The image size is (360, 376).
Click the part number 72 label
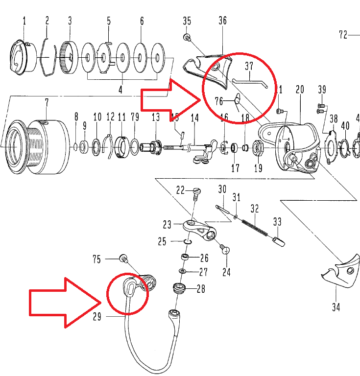(343, 35)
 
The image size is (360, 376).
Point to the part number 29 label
(96, 316)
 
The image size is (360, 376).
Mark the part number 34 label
(336, 307)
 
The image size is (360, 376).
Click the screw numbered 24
(226, 249)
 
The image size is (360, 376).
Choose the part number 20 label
(300, 89)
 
